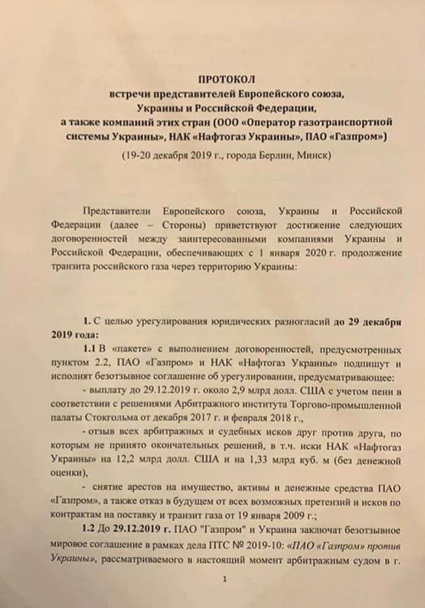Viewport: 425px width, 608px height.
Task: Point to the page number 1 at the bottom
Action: (225, 579)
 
